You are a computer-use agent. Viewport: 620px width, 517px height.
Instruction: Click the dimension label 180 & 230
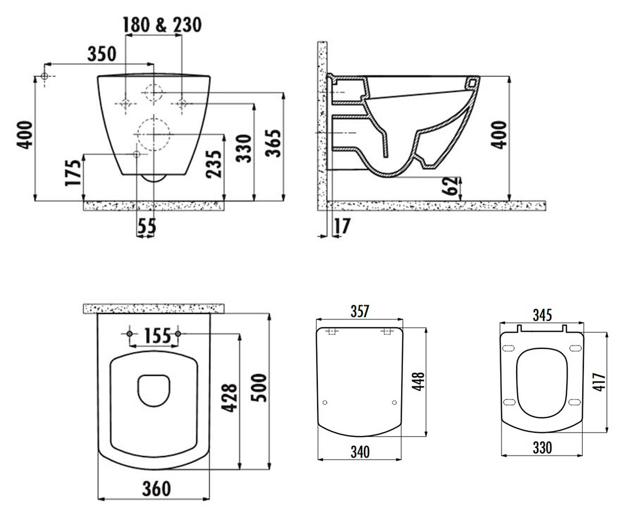pyautogui.click(x=162, y=25)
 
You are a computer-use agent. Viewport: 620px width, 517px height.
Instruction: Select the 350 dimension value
pyautogui.click(x=102, y=54)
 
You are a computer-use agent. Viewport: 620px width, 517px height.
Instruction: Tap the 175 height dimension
pyautogui.click(x=73, y=173)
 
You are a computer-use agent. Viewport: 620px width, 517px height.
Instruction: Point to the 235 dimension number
pyautogui.click(x=214, y=164)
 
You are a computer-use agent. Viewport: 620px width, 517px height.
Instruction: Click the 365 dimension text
pyautogui.click(x=273, y=143)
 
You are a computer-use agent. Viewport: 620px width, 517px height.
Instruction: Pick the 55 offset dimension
pyautogui.click(x=147, y=226)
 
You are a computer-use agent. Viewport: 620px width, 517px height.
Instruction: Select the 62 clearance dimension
pyautogui.click(x=450, y=186)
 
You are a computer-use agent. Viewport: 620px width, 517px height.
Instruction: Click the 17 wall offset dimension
pyautogui.click(x=342, y=226)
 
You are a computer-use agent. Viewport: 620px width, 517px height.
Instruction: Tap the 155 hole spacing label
pyautogui.click(x=158, y=336)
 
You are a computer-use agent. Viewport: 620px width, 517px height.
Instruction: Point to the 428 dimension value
pyautogui.click(x=229, y=399)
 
